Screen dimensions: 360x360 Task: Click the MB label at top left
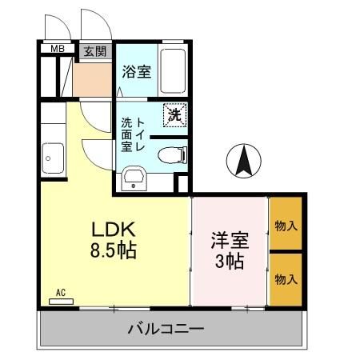pyautogui.click(x=58, y=50)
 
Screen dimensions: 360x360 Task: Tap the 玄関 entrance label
pyautogui.click(x=94, y=50)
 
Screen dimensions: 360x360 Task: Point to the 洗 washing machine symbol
pyautogui.click(x=174, y=114)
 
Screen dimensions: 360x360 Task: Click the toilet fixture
pyautogui.click(x=170, y=154)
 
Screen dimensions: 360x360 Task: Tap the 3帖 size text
pyautogui.click(x=229, y=262)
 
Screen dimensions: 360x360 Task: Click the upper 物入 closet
pyautogui.click(x=286, y=225)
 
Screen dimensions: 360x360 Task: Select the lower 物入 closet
pyautogui.click(x=286, y=278)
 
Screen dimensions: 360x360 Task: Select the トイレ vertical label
pyautogui.click(x=142, y=136)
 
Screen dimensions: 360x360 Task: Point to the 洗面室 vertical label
pyautogui.click(x=126, y=136)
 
